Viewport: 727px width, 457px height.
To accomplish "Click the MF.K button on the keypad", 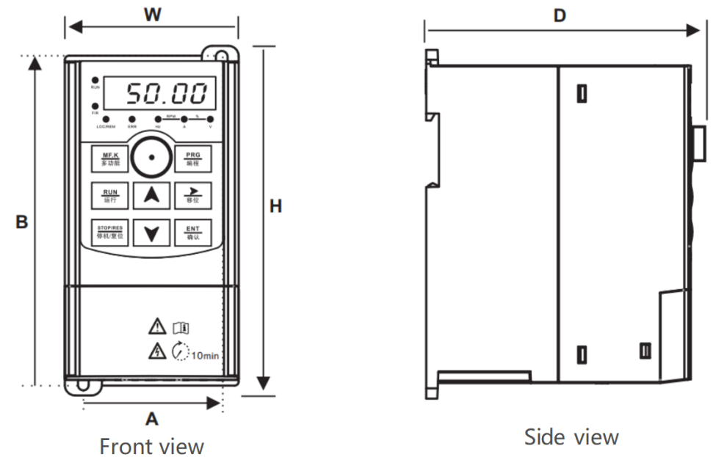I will [x=110, y=158].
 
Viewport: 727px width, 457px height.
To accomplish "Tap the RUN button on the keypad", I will [x=110, y=195].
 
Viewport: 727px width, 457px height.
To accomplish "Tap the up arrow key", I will [x=151, y=195].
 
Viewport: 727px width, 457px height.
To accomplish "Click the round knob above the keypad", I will [x=151, y=156].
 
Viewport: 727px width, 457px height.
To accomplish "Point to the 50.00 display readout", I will [x=166, y=94].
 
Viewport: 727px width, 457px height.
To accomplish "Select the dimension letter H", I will [x=275, y=207].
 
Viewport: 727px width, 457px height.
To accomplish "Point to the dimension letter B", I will [x=22, y=222].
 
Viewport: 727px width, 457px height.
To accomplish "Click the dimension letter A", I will [x=151, y=419].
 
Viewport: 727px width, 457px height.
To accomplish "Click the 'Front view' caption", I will [x=151, y=445].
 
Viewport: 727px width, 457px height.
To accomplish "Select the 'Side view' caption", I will [x=571, y=437].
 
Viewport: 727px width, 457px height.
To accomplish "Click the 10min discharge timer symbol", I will [x=181, y=352].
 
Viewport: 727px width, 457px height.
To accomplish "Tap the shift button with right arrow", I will [x=192, y=195].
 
